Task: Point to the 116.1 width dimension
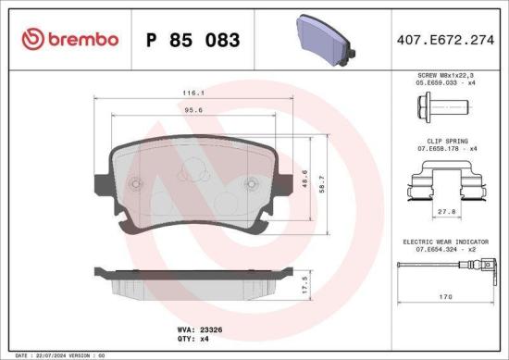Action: click(x=193, y=93)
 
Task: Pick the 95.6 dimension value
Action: click(x=193, y=111)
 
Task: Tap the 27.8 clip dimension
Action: click(x=447, y=212)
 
